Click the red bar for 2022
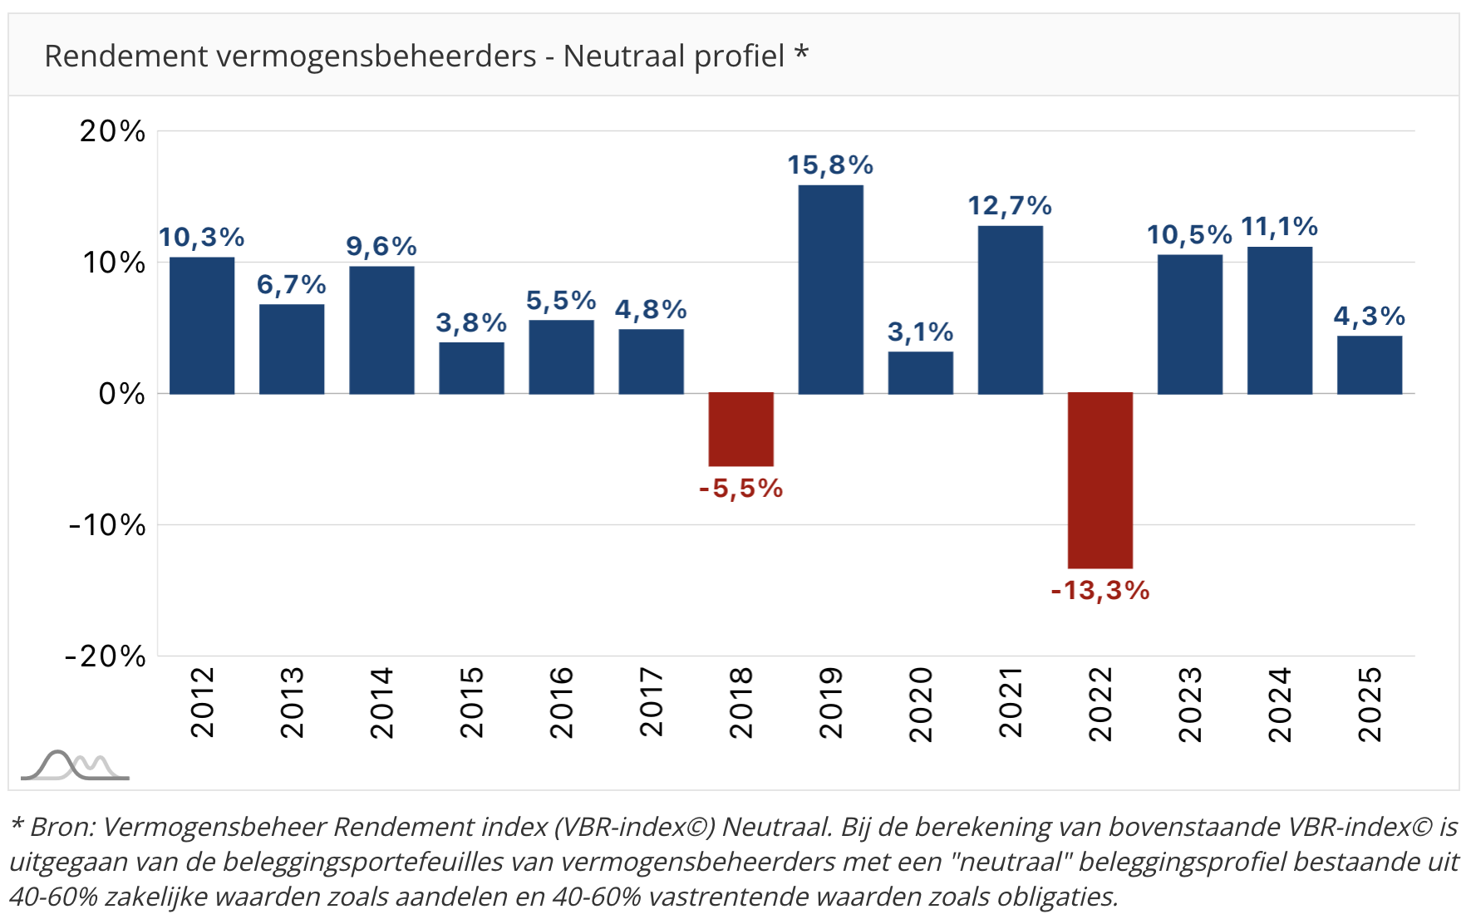coord(1100,480)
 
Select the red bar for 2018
coord(740,430)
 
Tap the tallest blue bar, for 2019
coord(830,289)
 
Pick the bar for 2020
coord(920,373)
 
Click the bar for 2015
coord(471,368)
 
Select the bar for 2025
coord(1369,365)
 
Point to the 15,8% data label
coord(830,165)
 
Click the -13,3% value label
coord(1100,591)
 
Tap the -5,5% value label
coord(740,489)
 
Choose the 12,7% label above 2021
coord(1010,206)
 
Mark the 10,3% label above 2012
coord(201,238)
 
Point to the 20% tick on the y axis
coord(112,131)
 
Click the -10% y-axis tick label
coord(107,525)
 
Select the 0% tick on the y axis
coord(121,394)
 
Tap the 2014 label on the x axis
coord(381,702)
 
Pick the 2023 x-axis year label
coord(1189,704)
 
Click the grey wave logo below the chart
coord(75,765)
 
